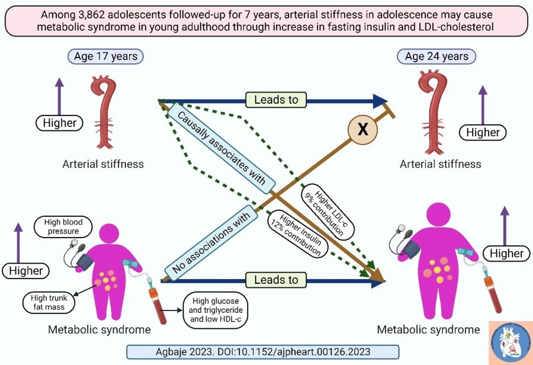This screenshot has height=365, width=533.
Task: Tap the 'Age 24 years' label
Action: click(436, 57)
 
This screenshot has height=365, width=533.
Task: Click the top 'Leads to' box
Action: click(276, 100)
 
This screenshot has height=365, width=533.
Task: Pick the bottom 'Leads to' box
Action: click(276, 280)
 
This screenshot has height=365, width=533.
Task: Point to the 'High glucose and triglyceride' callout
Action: click(217, 310)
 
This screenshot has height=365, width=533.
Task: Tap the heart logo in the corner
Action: click(510, 342)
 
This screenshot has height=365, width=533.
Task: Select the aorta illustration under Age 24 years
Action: click(438, 113)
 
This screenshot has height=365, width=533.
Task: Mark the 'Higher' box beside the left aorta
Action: click(60, 123)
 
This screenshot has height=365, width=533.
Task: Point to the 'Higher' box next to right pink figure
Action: click(506, 254)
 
